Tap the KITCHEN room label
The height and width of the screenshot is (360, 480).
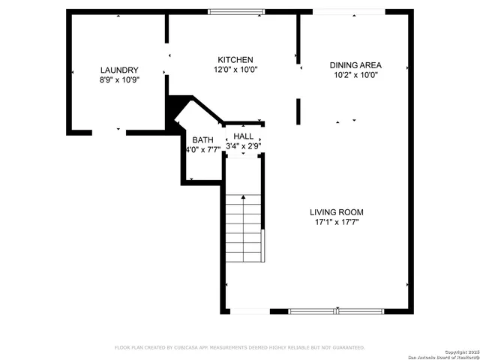coord(235,60)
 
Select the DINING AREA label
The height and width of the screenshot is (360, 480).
coord(355,64)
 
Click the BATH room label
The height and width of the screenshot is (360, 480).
coord(202,140)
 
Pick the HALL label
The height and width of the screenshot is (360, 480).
coord(244,136)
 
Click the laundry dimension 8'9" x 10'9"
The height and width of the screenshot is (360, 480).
coord(119,79)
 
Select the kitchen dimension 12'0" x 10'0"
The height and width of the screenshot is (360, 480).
coord(235,70)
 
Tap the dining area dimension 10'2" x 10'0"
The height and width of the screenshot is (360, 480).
coord(355,74)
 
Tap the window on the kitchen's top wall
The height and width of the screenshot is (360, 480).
coord(235,11)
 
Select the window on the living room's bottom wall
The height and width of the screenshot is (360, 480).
coord(337,310)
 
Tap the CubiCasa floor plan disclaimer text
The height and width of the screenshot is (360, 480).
coord(239,347)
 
